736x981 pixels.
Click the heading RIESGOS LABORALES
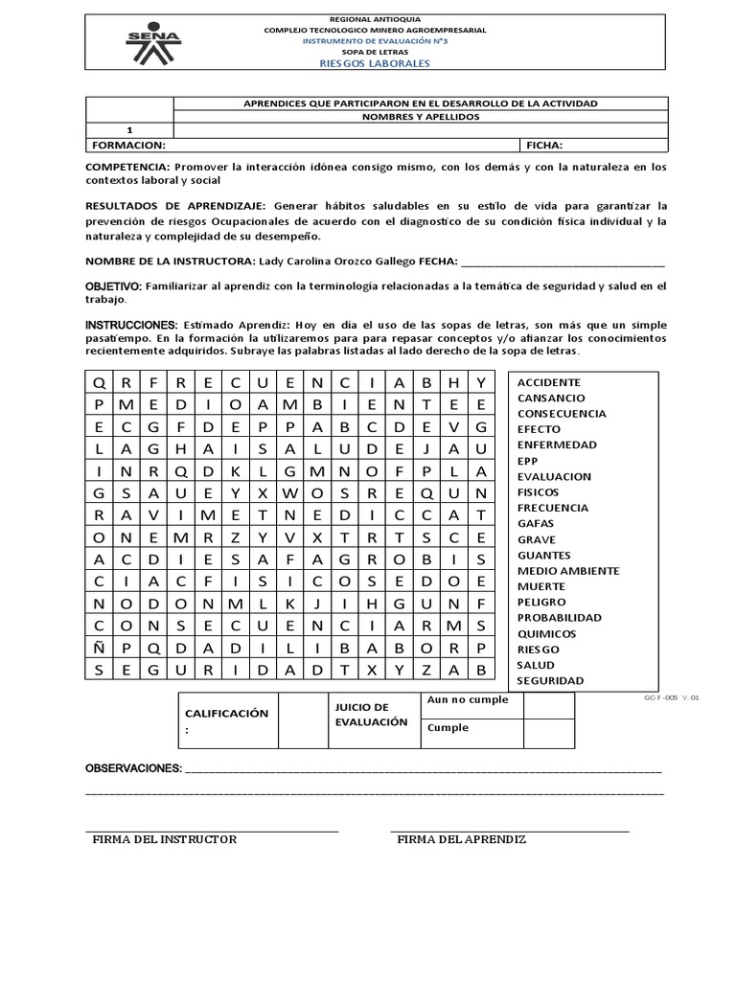375,63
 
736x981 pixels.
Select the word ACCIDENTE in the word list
549,382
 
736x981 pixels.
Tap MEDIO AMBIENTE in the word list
568,571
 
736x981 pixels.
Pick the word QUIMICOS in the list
546,633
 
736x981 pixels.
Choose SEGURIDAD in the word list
550,680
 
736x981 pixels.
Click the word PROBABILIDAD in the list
560,618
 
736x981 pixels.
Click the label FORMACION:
128,146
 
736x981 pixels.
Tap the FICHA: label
543,146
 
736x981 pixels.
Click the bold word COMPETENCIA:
127,167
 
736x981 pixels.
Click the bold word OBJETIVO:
114,286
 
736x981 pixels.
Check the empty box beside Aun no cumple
548,706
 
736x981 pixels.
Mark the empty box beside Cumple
548,733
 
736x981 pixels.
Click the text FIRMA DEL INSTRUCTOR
164,839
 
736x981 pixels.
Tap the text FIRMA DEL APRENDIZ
462,839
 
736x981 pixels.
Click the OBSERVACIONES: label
133,768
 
